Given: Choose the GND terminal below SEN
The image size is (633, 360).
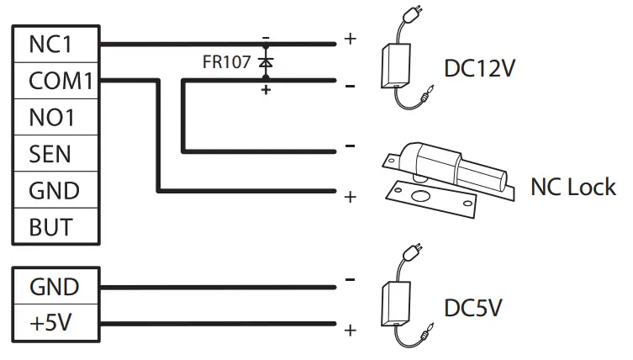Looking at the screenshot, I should (x=52, y=191).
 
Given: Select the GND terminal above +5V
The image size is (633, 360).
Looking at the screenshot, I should (x=52, y=287).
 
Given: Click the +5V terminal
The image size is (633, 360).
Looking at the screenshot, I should (x=52, y=324).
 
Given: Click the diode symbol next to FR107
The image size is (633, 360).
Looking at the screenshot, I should (x=266, y=62).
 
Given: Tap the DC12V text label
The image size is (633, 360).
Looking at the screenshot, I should (x=482, y=67).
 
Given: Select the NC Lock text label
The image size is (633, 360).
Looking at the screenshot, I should (x=573, y=186).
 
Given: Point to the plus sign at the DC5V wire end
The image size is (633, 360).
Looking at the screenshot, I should (x=350, y=330).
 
